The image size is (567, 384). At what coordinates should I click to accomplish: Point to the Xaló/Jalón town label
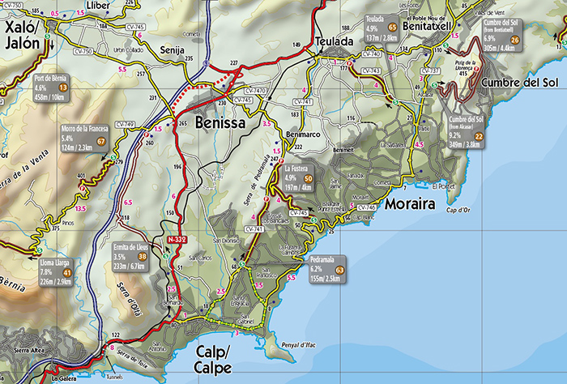22,36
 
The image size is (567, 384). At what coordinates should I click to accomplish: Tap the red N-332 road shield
177,241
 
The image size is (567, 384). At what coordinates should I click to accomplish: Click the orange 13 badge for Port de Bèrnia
62,85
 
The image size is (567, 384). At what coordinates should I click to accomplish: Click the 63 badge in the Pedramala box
339,270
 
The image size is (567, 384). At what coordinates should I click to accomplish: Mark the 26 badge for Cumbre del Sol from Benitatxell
515,41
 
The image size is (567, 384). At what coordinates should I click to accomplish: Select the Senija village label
173,50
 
